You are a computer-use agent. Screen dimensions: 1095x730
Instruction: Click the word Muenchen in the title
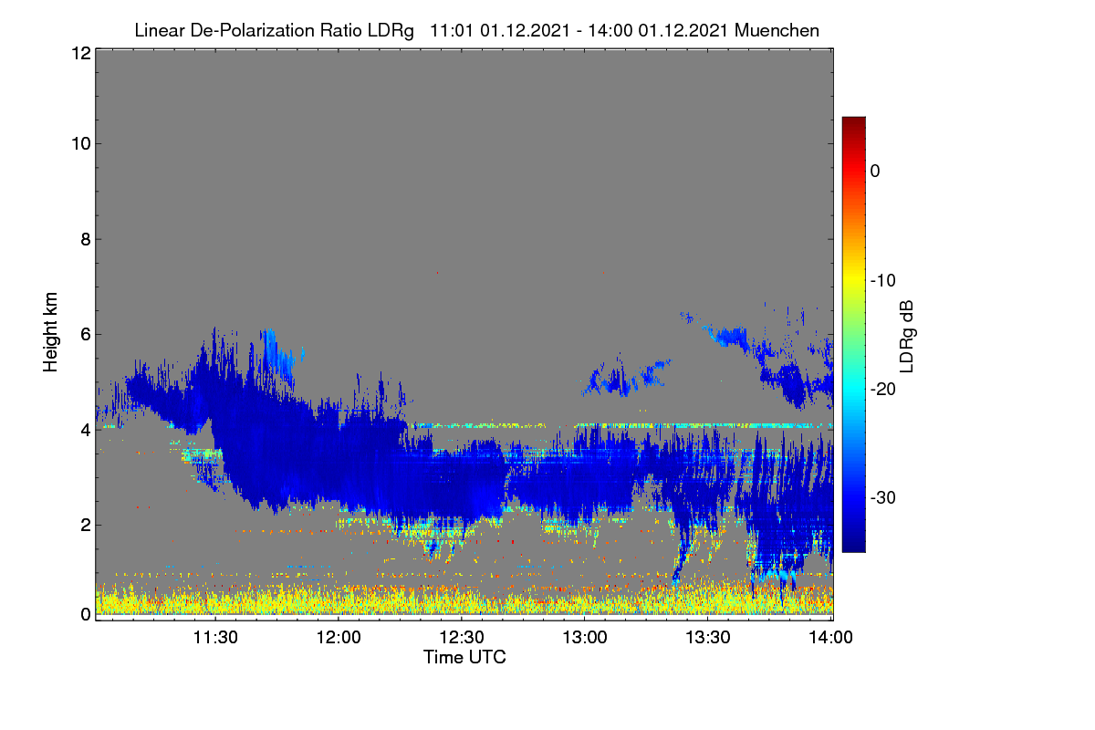coord(777,30)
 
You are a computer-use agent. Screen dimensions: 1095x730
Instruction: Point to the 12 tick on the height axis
coord(81,53)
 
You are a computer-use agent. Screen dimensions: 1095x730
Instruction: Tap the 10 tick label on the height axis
coord(81,144)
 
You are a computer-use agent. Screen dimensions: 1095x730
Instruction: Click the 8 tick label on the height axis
coord(86,239)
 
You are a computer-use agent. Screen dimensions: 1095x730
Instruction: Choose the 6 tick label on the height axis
coord(86,335)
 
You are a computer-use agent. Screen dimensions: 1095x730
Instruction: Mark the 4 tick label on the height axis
coord(86,430)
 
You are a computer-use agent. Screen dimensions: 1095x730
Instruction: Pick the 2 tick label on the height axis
coord(86,525)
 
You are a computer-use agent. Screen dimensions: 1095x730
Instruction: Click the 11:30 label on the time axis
coord(215,637)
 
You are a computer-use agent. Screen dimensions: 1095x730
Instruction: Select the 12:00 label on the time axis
coord(339,637)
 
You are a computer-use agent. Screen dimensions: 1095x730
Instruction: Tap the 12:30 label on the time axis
coord(462,637)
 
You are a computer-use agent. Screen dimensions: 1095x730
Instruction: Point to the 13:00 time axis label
coord(585,637)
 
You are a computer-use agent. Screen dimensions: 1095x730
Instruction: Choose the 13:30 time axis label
coord(708,637)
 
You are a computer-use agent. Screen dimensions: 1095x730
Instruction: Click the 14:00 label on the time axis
coord(831,637)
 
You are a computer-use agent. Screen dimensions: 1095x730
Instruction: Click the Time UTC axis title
coord(464,657)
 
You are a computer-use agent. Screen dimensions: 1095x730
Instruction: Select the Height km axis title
coord(50,332)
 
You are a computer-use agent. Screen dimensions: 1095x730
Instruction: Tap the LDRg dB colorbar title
coord(906,337)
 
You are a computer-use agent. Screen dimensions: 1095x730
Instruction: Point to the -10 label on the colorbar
coord(883,281)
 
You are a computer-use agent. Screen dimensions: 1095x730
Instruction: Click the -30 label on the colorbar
coord(883,497)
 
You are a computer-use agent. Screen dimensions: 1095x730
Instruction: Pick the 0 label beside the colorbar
coord(875,172)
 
